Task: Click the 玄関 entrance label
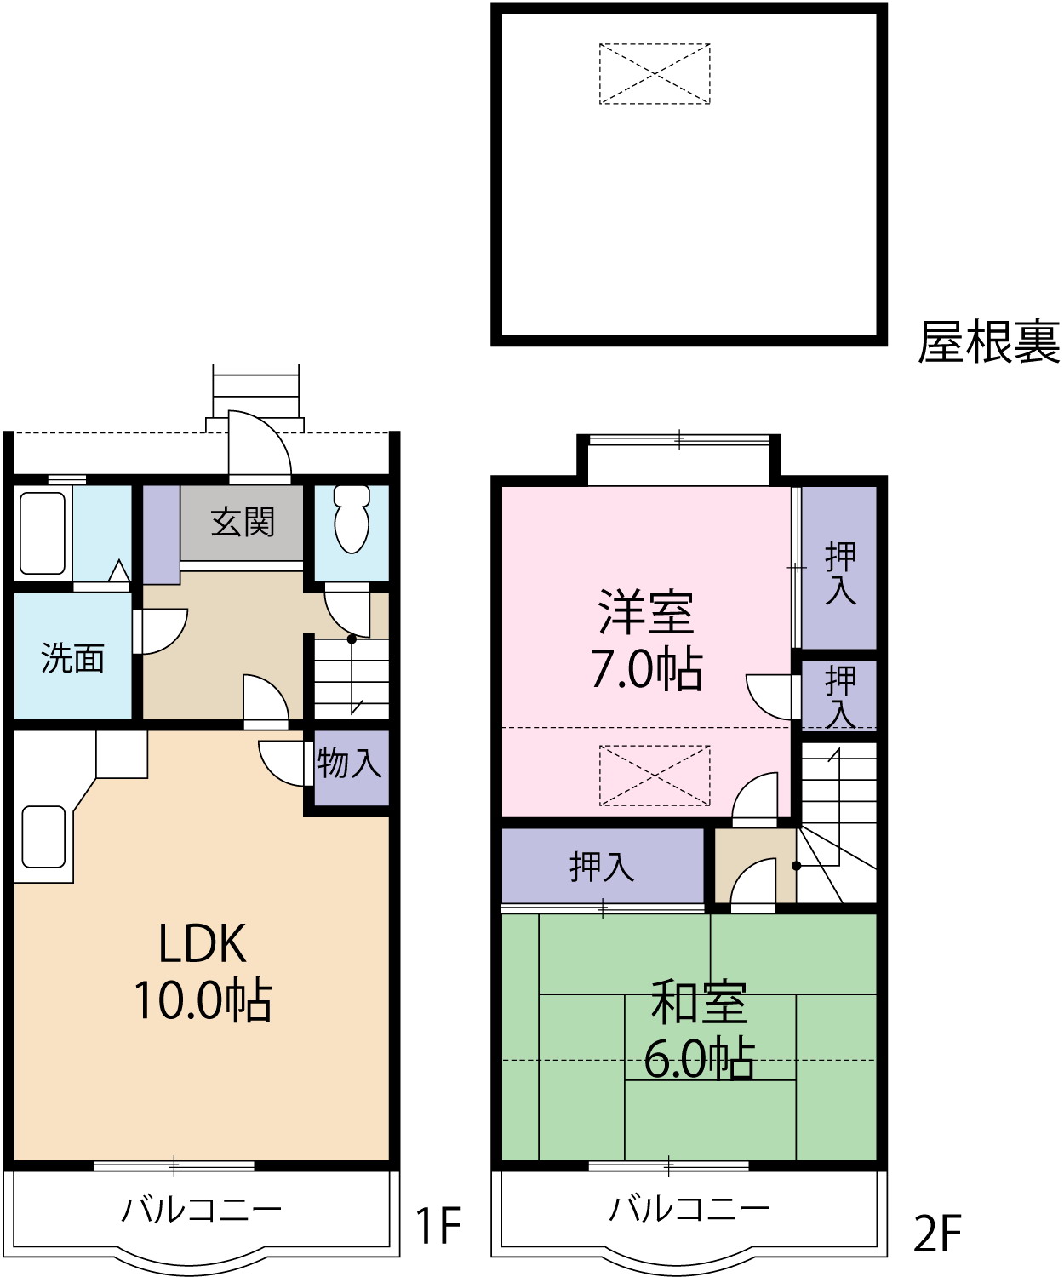pos(243,522)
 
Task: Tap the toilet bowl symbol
pos(352,518)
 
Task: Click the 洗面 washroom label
pos(72,658)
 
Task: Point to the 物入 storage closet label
pos(349,763)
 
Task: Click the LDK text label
pos(203,944)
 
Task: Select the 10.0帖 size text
pos(203,1000)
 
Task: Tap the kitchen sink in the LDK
pos(43,836)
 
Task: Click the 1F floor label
pos(438,1226)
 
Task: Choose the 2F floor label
pos(937,1233)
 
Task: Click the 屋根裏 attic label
pos(988,342)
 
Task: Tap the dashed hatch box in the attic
pos(655,74)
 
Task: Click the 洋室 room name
pos(646,612)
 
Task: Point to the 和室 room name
pos(699,1003)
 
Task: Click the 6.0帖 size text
pos(699,1059)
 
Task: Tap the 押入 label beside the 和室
pos(602,867)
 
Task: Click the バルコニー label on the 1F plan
pos(201,1209)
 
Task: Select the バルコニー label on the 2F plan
pos(689,1207)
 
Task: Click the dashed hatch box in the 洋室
pos(655,776)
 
